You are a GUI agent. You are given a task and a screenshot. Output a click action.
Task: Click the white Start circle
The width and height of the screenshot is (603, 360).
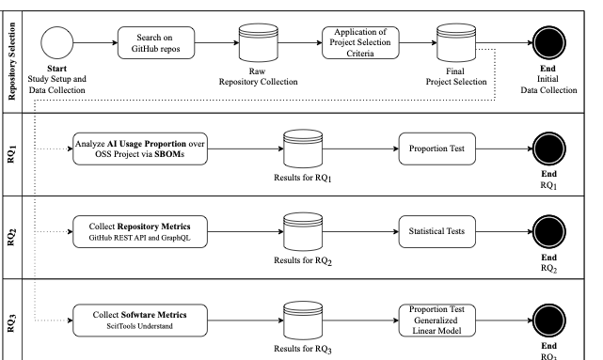pos(56,43)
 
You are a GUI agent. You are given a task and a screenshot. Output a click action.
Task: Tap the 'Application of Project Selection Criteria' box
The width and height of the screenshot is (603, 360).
pos(360,43)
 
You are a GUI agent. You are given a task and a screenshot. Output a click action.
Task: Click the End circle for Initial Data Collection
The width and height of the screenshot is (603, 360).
pos(549,43)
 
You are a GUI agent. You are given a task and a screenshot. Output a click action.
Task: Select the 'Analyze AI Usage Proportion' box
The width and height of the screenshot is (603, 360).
pos(139,149)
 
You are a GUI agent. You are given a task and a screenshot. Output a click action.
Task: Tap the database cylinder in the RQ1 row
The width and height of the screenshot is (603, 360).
pos(304,149)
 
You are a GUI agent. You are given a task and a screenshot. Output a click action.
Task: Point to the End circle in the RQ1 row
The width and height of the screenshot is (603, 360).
pos(549,149)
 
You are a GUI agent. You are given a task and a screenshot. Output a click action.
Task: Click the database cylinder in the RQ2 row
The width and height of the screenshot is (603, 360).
pos(304,231)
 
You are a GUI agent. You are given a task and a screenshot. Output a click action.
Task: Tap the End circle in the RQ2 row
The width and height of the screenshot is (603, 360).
pos(549,231)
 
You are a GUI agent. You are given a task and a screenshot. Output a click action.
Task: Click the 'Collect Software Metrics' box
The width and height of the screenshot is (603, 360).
pos(139,320)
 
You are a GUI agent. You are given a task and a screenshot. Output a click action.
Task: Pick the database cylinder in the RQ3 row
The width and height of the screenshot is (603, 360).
pos(304,320)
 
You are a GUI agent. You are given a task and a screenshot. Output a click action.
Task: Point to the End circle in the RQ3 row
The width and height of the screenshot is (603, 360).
pos(549,321)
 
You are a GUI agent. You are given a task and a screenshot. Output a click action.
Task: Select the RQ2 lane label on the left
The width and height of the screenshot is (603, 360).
pos(12,237)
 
